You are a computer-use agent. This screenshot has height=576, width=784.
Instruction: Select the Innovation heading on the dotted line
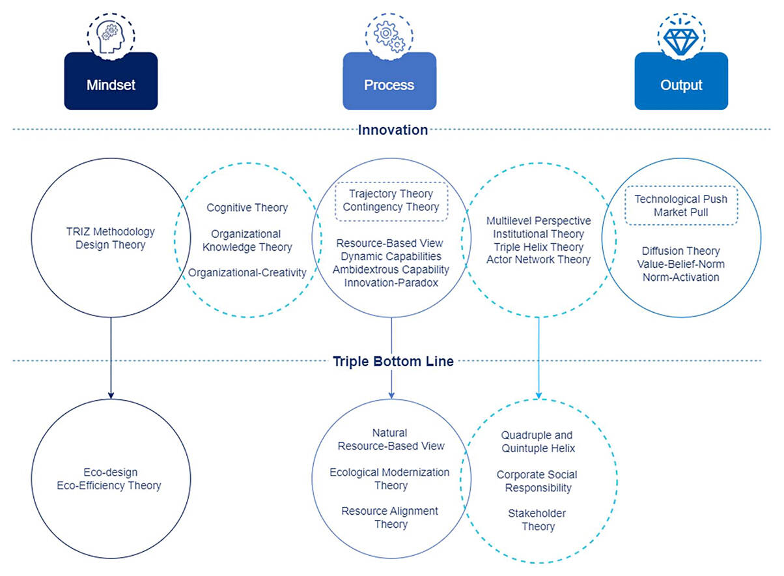click(393, 130)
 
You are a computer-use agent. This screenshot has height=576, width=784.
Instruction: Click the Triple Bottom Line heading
click(393, 361)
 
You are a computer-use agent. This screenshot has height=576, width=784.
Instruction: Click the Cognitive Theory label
click(247, 208)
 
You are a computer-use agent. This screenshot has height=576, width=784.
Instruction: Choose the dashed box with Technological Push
click(681, 206)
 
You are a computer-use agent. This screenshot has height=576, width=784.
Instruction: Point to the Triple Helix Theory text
click(538, 247)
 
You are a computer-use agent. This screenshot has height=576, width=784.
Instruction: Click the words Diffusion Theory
click(680, 251)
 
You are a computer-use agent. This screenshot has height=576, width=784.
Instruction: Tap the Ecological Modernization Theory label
click(389, 479)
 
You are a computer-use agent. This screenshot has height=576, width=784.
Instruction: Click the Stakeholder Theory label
click(537, 520)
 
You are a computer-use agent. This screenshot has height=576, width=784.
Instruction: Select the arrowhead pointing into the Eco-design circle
click(111, 394)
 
